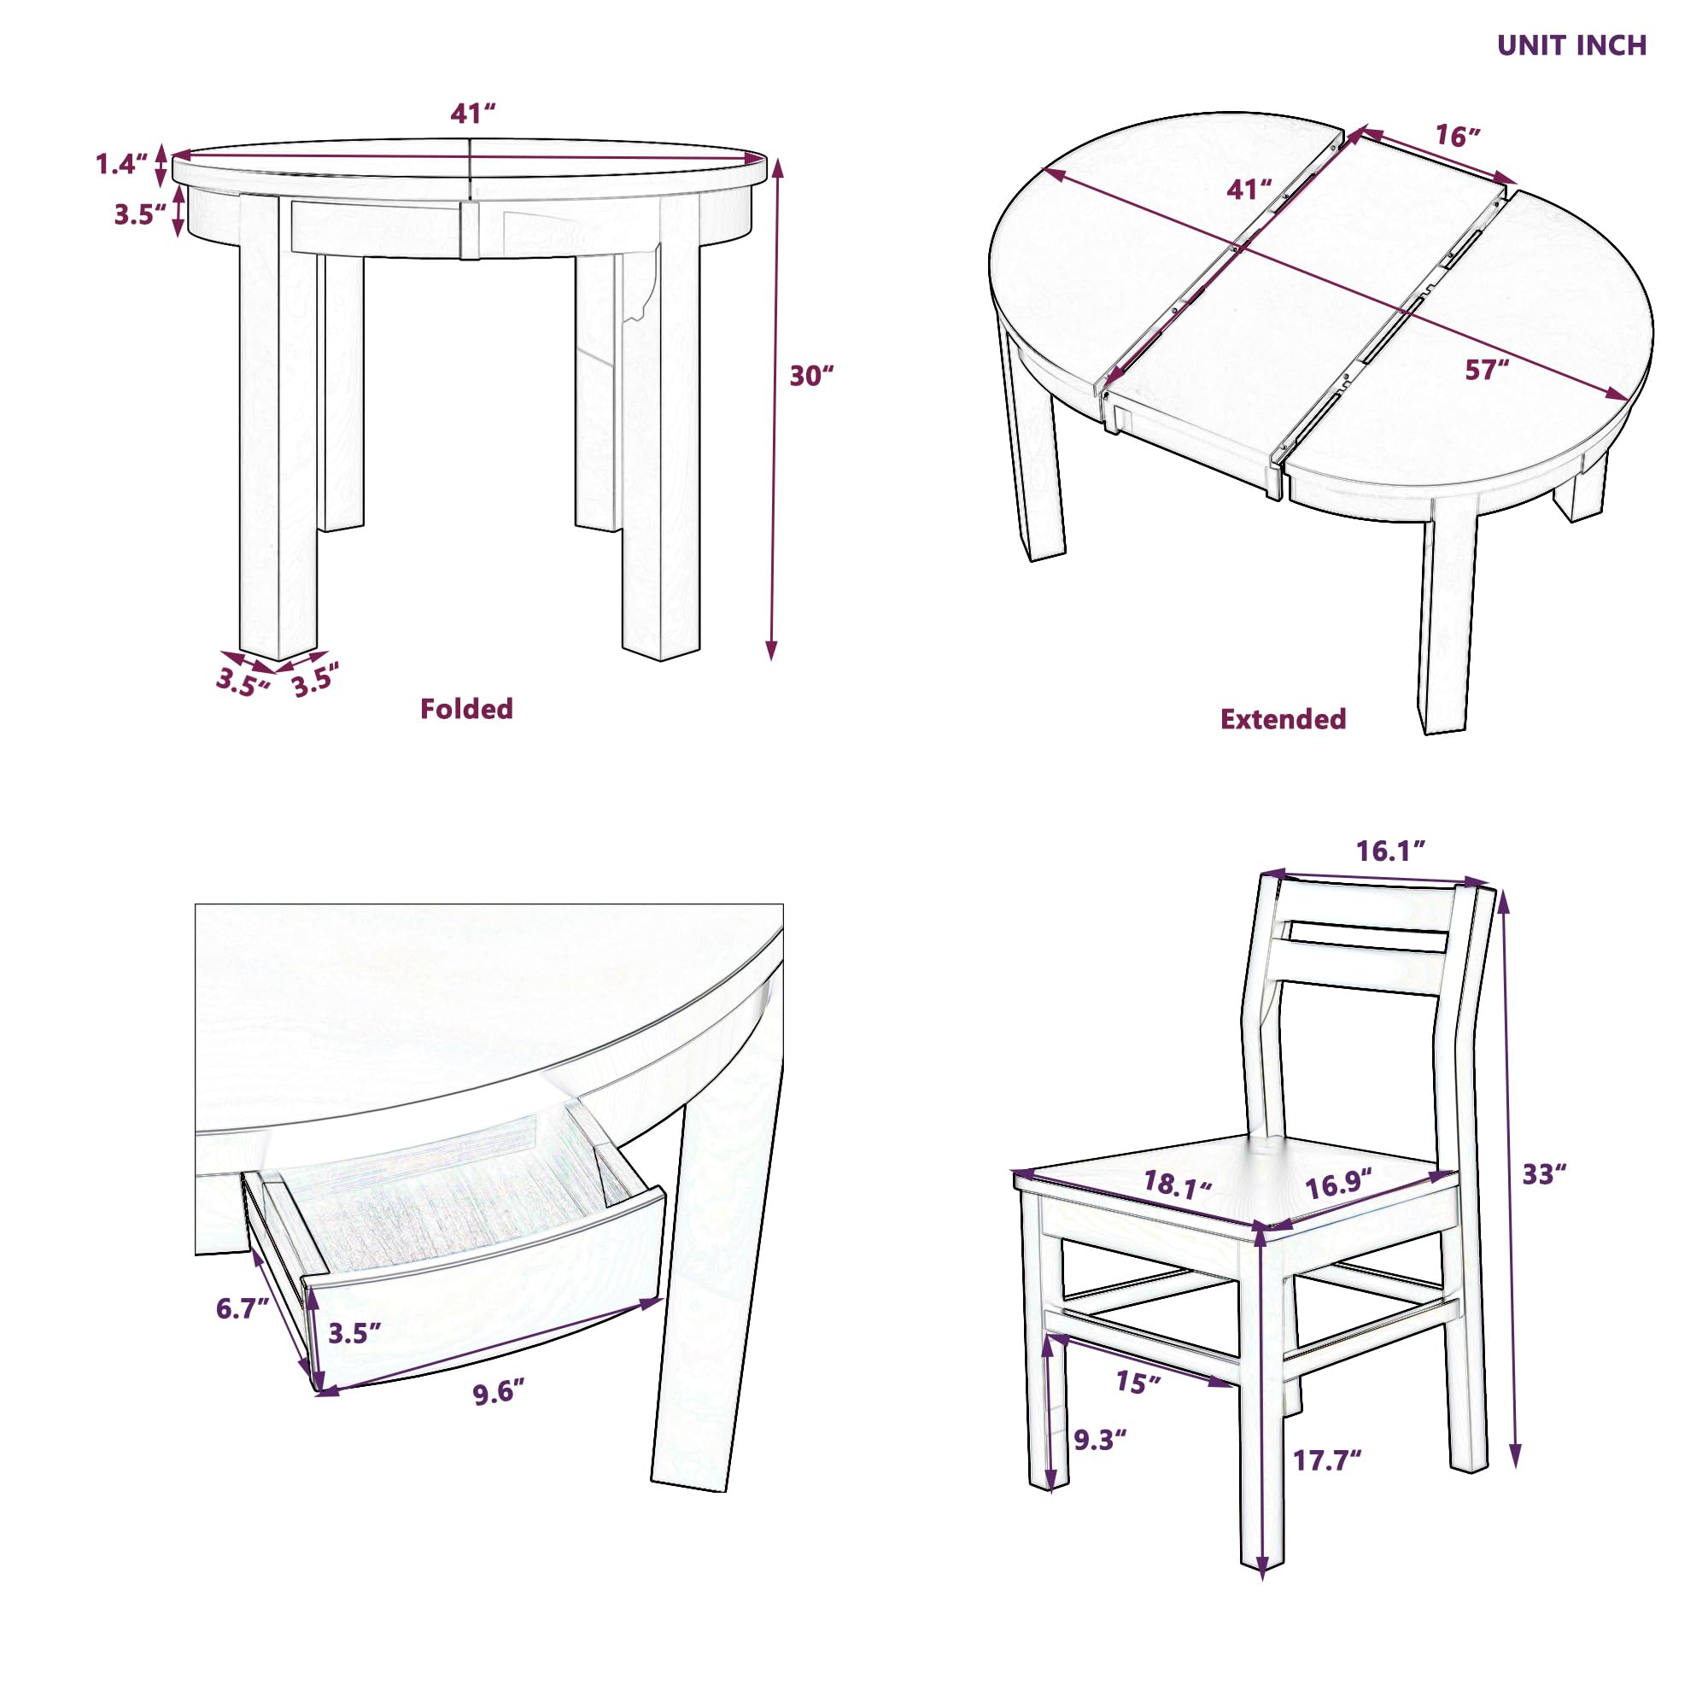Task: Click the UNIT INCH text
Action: pos(1571,45)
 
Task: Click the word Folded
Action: pos(466,708)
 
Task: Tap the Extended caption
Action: pos(1283,719)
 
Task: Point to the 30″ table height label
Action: pos(811,377)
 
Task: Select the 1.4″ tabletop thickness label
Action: pos(121,164)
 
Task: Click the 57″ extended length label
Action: pos(1487,370)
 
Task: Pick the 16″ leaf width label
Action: pos(1457,136)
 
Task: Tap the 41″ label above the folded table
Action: pos(473,114)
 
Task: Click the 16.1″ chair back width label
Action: pos(1391,851)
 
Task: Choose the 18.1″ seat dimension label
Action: pos(1178,1184)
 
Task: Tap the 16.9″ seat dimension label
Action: pos(1339,1183)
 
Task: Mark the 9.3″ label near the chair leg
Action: pos(1101,1440)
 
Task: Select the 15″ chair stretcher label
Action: pos(1138,1381)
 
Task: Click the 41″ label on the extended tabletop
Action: pos(1249,190)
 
